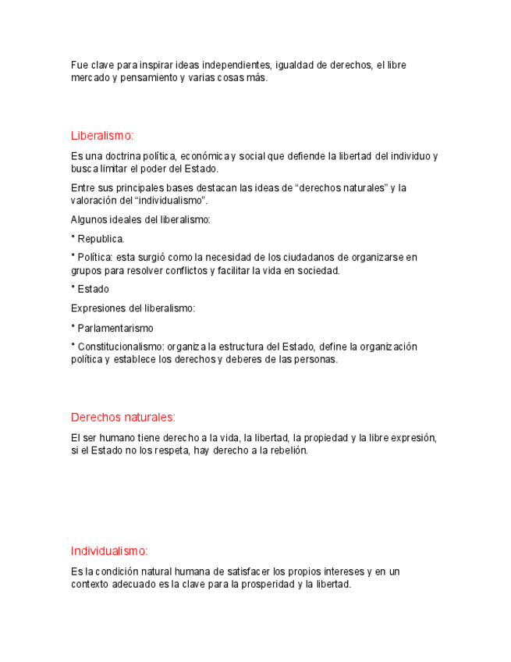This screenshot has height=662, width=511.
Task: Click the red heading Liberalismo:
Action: pos(101,136)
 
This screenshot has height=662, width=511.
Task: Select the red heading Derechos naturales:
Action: pos(122,417)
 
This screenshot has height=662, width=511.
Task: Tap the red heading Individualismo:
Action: pos(109,550)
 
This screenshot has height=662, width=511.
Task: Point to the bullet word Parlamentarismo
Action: pos(115,329)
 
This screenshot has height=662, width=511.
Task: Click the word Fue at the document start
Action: pos(79,65)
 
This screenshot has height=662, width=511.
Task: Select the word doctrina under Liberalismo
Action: pos(129,156)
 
